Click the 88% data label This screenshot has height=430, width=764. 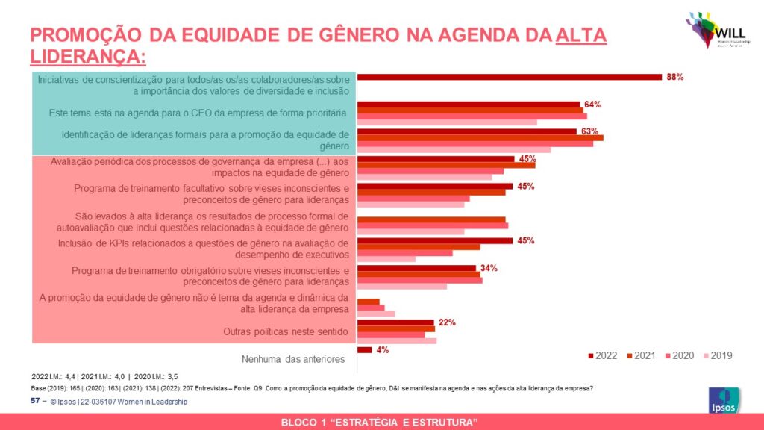[674, 77]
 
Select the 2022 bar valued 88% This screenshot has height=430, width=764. [510, 77]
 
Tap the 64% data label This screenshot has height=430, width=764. [592, 105]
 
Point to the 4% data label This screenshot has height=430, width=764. [383, 349]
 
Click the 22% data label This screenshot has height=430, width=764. [447, 322]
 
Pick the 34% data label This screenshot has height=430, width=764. [489, 268]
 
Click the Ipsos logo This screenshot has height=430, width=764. [723, 402]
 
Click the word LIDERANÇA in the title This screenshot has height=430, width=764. [87, 57]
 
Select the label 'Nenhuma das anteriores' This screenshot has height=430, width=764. [293, 359]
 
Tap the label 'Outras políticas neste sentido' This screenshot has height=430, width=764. [286, 331]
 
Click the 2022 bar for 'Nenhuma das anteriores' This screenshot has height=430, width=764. [365, 349]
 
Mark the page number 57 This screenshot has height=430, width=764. [34, 402]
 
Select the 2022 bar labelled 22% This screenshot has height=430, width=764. [395, 322]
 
